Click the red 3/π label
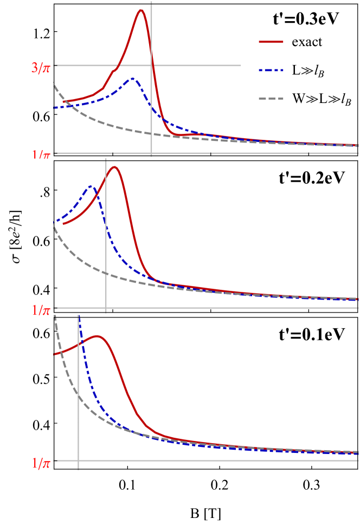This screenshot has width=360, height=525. coord(41,68)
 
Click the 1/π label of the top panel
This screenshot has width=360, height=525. coord(41,155)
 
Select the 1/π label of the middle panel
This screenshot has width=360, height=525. coord(41,310)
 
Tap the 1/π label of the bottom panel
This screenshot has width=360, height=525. coord(41,464)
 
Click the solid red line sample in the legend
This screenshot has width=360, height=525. coord(271,42)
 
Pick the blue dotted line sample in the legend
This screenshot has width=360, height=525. coord(271,70)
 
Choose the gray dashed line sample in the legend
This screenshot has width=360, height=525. coord(271,99)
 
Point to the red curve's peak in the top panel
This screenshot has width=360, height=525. coord(141,10)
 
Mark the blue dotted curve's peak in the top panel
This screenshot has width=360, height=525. coord(132,79)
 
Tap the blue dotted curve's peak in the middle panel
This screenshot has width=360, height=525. coord(91,186)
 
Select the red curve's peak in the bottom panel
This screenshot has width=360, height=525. coord(98,336)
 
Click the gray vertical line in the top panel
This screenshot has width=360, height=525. coord(151,108)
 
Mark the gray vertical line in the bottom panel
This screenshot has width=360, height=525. coord(79,423)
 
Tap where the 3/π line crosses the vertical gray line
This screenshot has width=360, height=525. coord(151,66)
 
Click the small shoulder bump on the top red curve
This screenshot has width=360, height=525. coord(113,70)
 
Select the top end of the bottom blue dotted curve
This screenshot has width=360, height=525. coord(80,317)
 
